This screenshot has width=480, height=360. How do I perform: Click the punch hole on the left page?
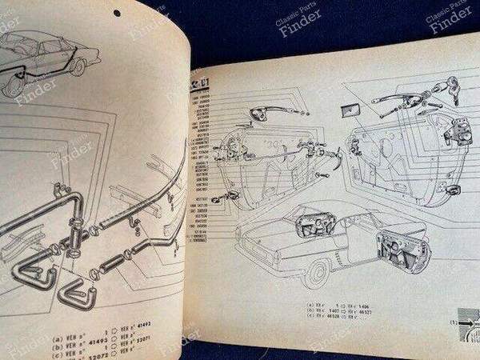(117, 13)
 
